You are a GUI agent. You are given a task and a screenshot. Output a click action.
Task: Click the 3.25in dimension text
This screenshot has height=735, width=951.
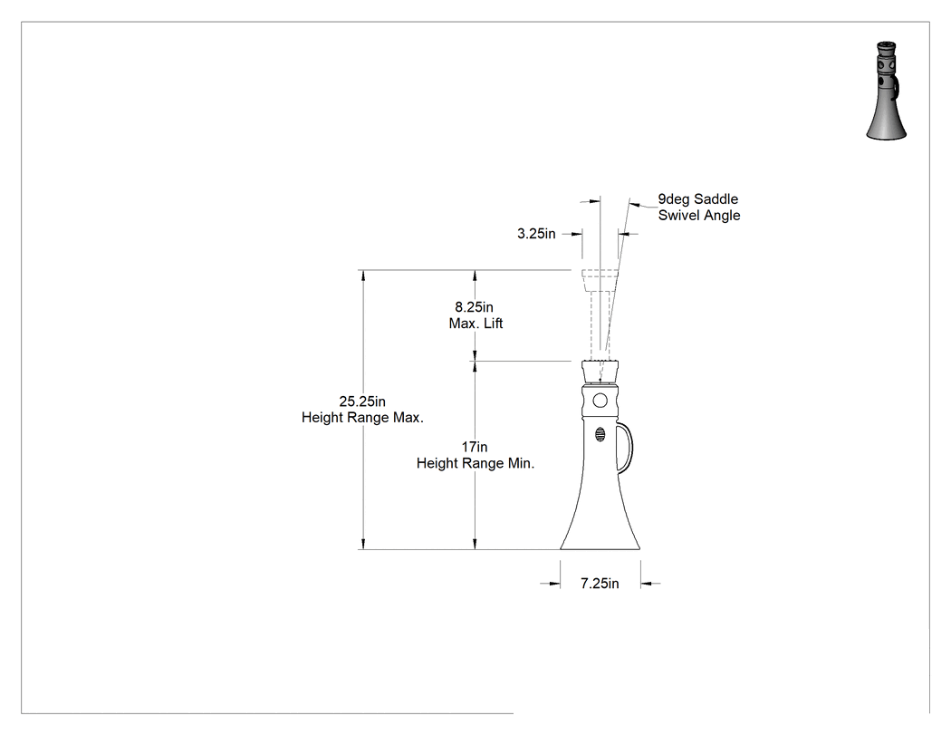536,234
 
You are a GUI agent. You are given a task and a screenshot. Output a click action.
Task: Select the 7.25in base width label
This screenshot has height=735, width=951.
600,584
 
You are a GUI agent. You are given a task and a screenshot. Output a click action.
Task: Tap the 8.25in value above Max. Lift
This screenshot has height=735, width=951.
475,307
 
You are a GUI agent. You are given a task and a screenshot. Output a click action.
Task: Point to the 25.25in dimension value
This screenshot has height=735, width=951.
362,401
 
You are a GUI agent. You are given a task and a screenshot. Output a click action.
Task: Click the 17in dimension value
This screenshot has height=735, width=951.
475,447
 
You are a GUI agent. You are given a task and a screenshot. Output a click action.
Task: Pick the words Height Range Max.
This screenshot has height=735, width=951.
362,418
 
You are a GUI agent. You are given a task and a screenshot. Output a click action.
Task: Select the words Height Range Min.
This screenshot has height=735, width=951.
475,463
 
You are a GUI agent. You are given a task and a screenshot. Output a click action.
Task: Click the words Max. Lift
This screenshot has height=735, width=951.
475,324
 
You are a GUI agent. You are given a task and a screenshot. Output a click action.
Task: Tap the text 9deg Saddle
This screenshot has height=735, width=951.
698,199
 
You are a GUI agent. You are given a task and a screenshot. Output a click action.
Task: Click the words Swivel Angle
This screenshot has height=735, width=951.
699,216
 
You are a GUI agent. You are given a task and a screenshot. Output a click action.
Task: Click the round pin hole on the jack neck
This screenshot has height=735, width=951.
600,401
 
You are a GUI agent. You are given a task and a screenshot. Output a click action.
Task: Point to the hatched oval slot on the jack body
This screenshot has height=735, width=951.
600,435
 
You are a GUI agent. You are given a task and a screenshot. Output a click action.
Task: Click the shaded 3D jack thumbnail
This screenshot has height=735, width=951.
887,91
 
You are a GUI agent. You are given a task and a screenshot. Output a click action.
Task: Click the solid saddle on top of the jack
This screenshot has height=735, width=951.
600,371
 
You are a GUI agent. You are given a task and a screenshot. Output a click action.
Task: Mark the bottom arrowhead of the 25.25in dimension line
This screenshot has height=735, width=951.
363,543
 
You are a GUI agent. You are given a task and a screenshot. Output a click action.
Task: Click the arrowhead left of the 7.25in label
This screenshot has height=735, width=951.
553,584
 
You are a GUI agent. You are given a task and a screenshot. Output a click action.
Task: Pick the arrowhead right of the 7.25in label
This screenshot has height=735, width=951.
648,584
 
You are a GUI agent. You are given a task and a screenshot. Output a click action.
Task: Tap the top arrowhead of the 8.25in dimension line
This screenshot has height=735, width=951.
475,276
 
